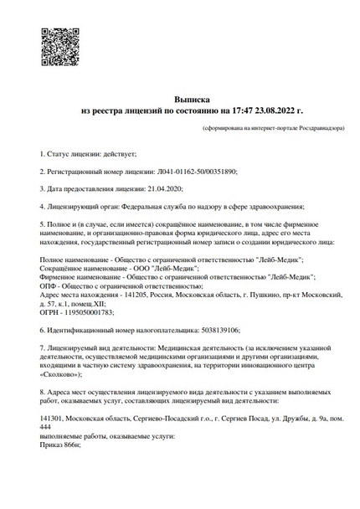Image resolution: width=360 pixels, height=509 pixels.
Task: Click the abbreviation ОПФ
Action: point(49,285)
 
